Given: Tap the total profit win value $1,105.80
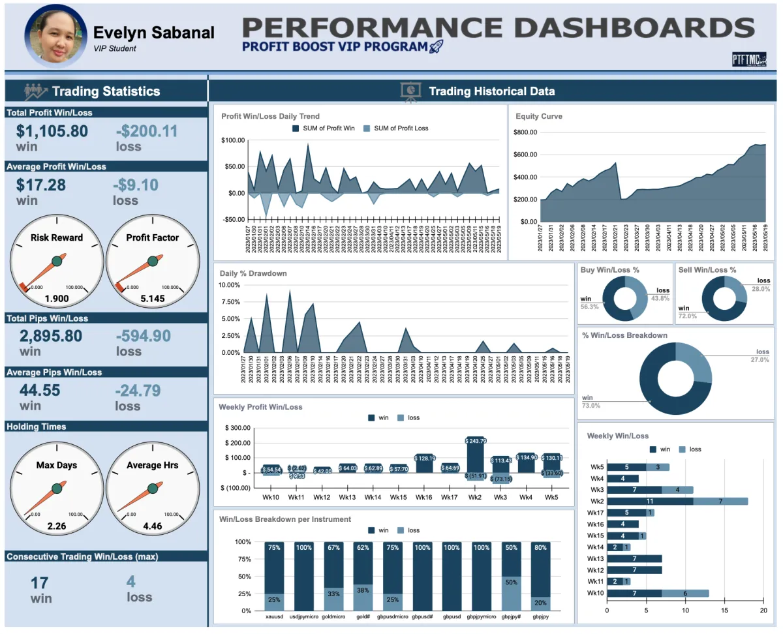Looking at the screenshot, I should (52, 131).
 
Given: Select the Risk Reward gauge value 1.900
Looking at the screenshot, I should (57, 299).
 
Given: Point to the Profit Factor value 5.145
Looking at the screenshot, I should (153, 299).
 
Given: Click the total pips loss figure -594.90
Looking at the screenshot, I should (144, 336).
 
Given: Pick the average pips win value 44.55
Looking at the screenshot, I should (40, 390).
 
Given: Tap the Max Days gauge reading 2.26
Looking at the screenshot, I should (57, 526).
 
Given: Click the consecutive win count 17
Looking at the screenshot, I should (40, 582).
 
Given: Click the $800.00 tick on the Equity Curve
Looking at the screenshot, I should (525, 132).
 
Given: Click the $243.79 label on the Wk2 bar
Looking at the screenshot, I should (476, 442).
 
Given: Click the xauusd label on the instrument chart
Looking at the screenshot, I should (274, 616).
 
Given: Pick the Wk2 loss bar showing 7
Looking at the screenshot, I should (720, 501).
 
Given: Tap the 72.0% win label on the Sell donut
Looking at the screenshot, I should (688, 316).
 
